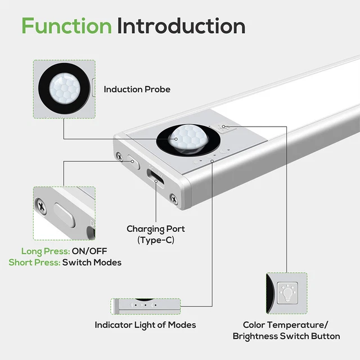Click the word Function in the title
coord(66,26)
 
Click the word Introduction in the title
coord(181,26)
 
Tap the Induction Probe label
coord(137,89)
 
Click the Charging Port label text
coord(155,229)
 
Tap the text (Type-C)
coord(155,240)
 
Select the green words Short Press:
coord(34,262)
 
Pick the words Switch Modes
coord(92,262)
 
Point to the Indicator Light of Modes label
coord(145,325)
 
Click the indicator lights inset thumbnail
coord(145,307)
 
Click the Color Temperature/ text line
coord(286,325)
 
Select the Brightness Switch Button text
coord(286,336)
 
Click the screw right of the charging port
coord(174,197)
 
